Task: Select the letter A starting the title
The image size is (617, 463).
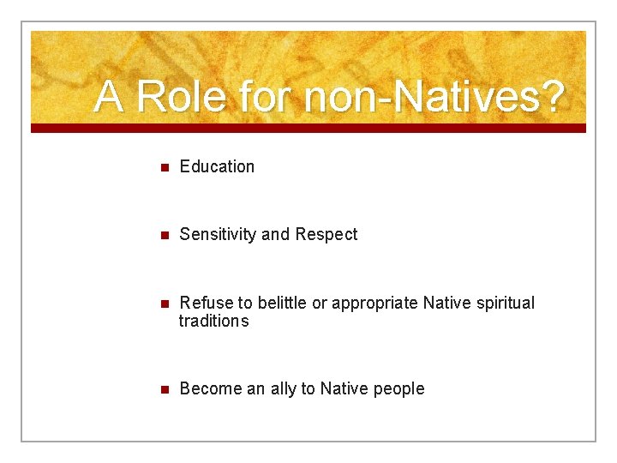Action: [109, 97]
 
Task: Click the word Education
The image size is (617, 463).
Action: [217, 166]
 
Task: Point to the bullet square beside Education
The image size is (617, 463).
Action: [165, 167]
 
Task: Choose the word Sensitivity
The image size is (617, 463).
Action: [218, 235]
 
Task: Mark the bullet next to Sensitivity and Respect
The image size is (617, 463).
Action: [165, 236]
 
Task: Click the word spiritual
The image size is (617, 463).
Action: [502, 303]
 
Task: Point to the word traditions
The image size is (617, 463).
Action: [213, 322]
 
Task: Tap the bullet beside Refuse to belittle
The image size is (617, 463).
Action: [165, 304]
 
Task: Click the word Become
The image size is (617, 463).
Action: [211, 389]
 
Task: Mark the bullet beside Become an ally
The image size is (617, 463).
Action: [165, 390]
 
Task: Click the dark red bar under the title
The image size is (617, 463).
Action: [308, 128]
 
